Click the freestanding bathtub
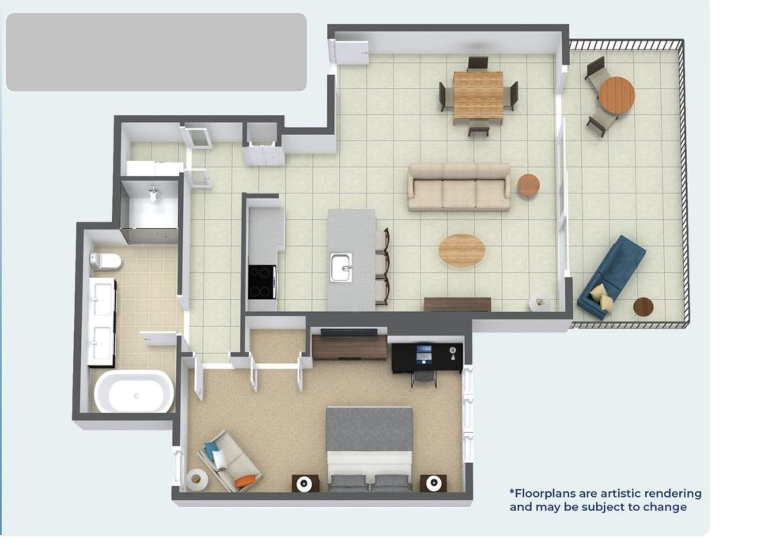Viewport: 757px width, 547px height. point(134,392)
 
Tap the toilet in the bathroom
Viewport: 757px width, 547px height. point(105,260)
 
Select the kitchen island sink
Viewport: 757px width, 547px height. point(341,267)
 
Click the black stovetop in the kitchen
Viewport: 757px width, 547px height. point(261,282)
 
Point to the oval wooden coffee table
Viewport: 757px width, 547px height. point(462,250)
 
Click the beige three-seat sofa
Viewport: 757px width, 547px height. point(459,187)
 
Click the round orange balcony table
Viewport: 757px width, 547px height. point(617,96)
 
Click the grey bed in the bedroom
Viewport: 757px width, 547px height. point(369,449)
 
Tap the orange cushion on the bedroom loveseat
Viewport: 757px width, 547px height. point(244,481)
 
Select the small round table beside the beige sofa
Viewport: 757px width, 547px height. point(528,185)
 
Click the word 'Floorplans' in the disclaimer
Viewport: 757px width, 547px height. point(543,493)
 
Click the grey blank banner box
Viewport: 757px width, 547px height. point(156,52)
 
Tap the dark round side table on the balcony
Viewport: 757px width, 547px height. point(643,307)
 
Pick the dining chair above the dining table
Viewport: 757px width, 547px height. point(478,64)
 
